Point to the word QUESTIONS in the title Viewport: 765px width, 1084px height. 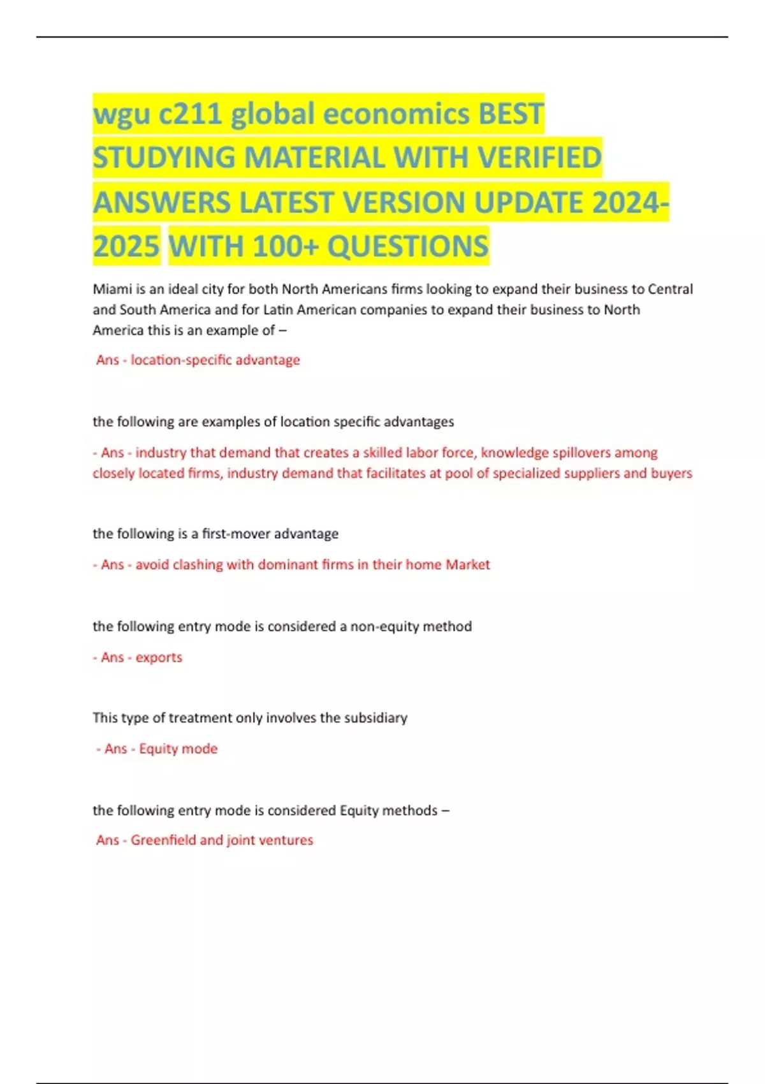[408, 247]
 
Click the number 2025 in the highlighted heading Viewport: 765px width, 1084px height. [126, 247]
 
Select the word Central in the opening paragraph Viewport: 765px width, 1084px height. [670, 289]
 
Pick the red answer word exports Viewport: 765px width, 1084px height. [159, 657]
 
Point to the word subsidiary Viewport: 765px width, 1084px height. [375, 718]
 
